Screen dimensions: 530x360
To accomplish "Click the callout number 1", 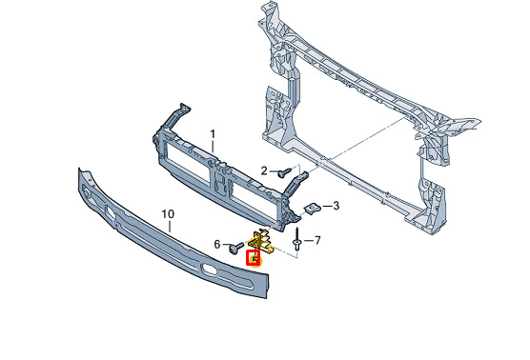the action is pyautogui.click(x=213, y=134).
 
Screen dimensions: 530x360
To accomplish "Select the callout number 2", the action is pyautogui.click(x=264, y=170).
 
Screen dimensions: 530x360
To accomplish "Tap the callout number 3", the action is pyautogui.click(x=336, y=206).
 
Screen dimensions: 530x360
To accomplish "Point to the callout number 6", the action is pyautogui.click(x=217, y=244).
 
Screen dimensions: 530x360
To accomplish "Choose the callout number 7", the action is pyautogui.click(x=317, y=240).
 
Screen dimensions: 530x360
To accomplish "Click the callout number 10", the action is pyautogui.click(x=168, y=214).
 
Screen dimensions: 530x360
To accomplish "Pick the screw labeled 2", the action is pyautogui.click(x=284, y=172).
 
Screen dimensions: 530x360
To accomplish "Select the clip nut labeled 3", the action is pyautogui.click(x=313, y=209).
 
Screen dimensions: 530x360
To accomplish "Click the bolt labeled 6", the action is pyautogui.click(x=236, y=248).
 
